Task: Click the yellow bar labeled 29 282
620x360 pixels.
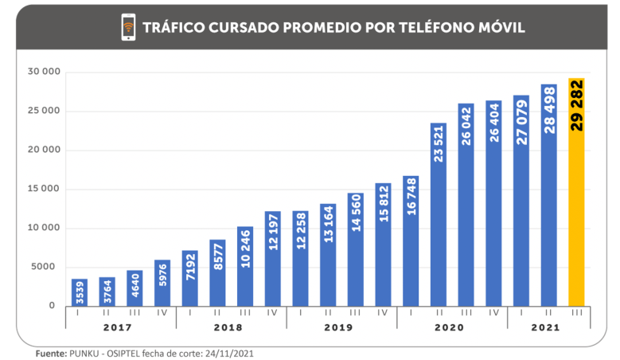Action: click(x=577, y=191)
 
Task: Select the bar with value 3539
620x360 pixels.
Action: click(x=80, y=292)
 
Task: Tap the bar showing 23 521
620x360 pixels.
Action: click(x=439, y=214)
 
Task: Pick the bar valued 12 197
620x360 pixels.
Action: click(x=273, y=258)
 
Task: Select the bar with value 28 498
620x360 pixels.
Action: click(x=549, y=194)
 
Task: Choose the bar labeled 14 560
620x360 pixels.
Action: click(x=356, y=248)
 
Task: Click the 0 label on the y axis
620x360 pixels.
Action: click(x=52, y=306)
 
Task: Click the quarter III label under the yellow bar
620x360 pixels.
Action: click(x=577, y=313)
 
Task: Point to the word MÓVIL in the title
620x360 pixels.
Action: click(x=498, y=28)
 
